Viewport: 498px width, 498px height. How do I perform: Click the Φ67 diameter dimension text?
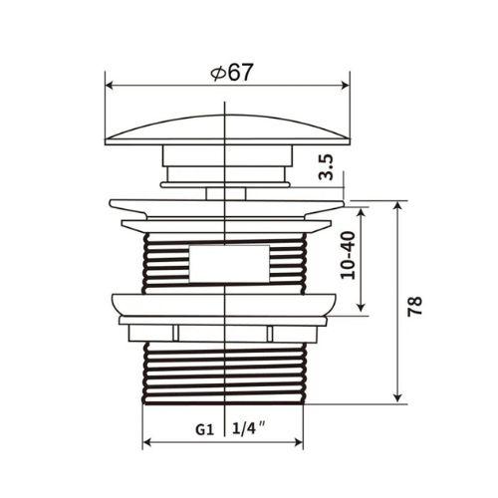point(232,72)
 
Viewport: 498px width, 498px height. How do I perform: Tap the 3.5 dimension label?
point(327,167)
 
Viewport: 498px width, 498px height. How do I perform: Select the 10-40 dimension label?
point(349,255)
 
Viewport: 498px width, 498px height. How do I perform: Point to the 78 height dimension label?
point(415,306)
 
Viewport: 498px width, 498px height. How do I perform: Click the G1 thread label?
point(204,430)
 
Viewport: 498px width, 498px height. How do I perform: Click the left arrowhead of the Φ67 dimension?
point(111,86)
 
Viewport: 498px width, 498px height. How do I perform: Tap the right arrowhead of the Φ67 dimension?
point(345,86)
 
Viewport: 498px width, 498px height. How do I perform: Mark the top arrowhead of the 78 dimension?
point(397,206)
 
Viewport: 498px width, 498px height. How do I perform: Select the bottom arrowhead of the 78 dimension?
point(397,398)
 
